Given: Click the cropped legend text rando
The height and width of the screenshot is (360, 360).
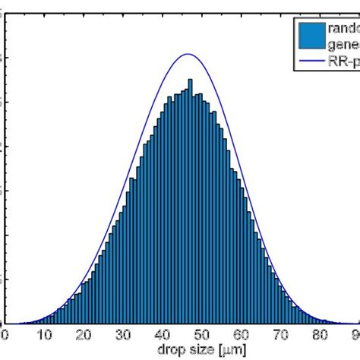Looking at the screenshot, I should [x=343, y=28].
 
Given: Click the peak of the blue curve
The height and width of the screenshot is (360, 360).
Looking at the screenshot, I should [x=188, y=54].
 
